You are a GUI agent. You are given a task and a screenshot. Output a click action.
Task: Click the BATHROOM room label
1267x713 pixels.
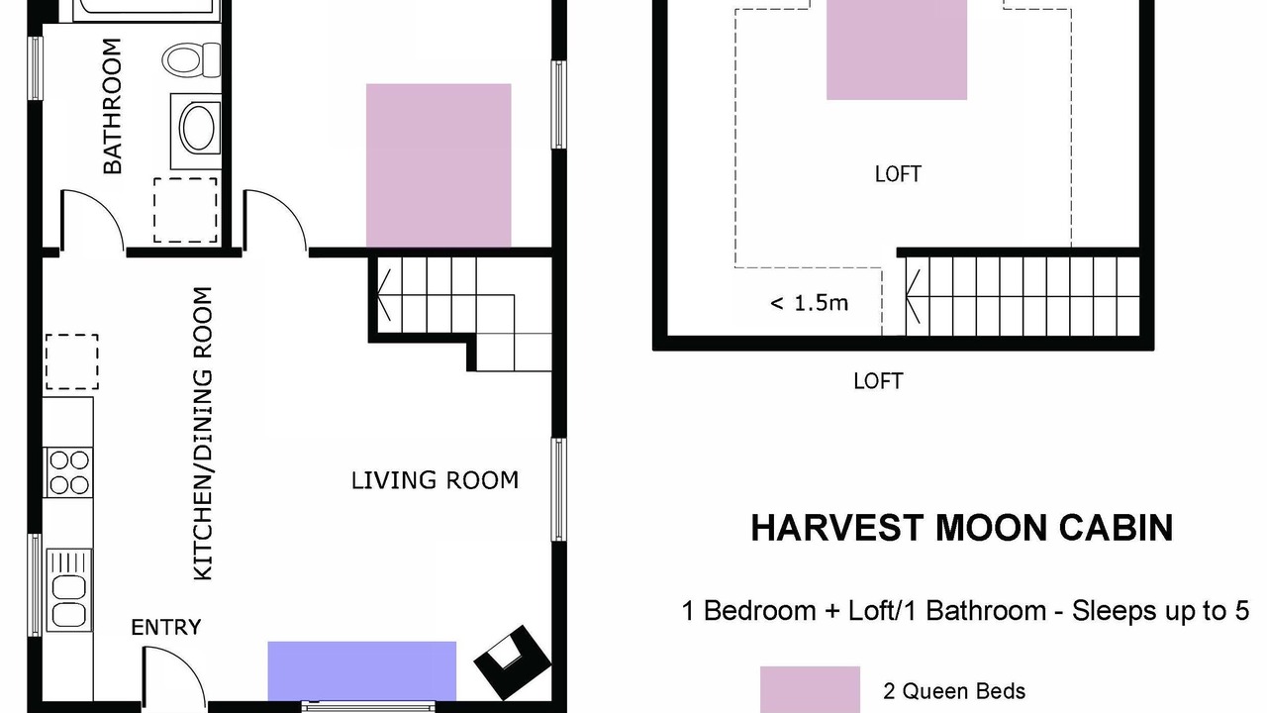tap(113, 106)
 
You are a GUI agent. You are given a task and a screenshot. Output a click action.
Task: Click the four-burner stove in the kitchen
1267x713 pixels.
tap(68, 472)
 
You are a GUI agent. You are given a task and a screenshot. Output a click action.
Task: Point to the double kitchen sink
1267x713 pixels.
tap(68, 589)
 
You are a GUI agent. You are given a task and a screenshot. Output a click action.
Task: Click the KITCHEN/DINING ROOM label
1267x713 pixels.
tap(203, 434)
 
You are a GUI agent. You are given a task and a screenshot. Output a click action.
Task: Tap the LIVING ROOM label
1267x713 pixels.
tap(435, 480)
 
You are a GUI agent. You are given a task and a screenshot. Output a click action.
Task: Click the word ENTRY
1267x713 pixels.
tap(165, 628)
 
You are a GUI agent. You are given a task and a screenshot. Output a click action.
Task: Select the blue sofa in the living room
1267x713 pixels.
tap(362, 671)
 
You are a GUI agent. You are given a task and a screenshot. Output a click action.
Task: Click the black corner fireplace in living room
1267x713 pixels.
tap(512, 662)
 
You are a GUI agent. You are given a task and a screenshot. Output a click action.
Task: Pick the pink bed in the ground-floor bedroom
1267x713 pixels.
tap(439, 165)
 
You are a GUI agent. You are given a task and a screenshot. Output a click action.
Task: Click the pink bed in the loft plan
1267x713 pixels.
tap(897, 50)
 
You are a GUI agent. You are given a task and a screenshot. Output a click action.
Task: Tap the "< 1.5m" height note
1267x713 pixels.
tap(809, 303)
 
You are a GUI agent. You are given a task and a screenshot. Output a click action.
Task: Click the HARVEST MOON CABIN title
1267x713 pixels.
tap(961, 528)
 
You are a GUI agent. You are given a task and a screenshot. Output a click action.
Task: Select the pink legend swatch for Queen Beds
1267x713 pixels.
tap(810, 689)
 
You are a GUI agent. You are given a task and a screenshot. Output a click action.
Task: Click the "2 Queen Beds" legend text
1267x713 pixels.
tap(954, 691)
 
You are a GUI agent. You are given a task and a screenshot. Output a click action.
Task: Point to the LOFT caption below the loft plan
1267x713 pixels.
tap(878, 381)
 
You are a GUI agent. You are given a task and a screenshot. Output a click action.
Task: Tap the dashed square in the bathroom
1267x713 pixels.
tap(185, 210)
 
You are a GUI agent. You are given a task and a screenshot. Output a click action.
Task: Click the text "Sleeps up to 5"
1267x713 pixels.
tap(1161, 611)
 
